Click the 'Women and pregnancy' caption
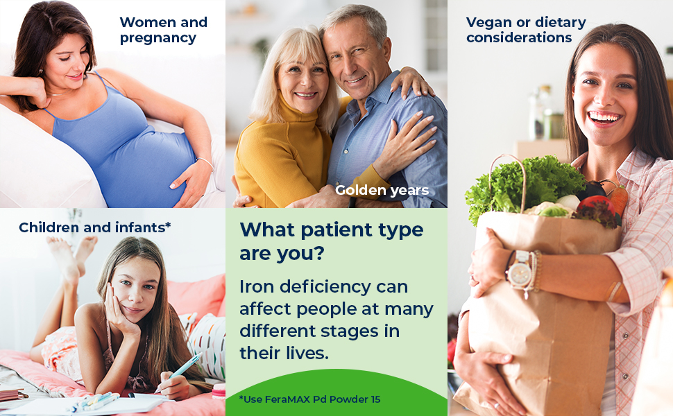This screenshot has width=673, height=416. pos(163,30)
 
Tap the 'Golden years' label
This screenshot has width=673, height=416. pos(382,190)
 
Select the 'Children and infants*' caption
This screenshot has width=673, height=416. pos(94,227)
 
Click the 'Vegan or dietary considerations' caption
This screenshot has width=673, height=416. pos(526,30)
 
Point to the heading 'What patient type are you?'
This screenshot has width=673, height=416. pos(331,241)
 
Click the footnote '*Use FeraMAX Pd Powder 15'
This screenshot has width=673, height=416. pos(309,399)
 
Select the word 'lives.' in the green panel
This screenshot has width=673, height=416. pos(303,353)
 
